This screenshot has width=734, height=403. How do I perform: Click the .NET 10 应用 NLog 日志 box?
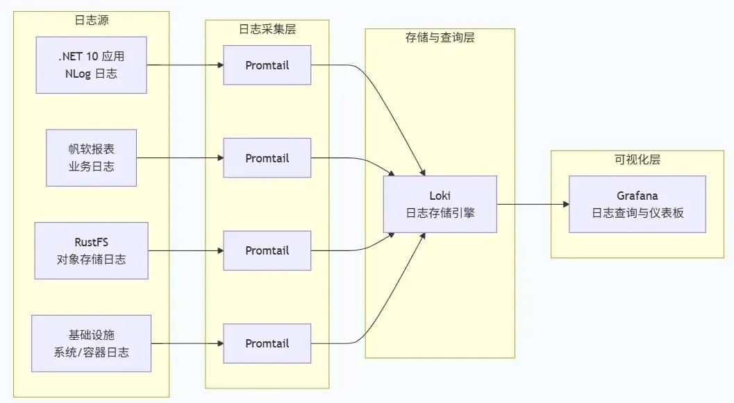91,65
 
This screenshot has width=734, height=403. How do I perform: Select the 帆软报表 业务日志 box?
91,158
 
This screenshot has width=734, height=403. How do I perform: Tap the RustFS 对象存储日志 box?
91,250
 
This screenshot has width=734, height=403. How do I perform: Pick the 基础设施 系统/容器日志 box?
91,343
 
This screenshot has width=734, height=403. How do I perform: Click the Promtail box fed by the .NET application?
267,65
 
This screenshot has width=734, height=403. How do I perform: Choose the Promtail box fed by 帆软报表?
267,158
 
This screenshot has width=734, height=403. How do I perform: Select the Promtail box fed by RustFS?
267,250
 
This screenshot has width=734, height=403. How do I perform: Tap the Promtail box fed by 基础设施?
267,343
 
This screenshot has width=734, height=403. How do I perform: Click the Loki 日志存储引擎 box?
440,205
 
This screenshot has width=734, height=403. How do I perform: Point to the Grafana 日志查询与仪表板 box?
637,205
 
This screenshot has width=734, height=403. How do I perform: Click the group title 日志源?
91,20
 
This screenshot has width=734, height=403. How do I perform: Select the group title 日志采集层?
267,29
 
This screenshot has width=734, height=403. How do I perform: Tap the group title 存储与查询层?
440,38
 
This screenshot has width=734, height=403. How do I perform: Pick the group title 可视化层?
637,160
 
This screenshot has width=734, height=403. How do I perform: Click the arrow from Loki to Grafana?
533,205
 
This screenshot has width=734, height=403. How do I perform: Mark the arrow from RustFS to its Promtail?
186,250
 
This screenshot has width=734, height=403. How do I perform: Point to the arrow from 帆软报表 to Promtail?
181,158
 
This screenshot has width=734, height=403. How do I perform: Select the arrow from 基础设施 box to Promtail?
187,343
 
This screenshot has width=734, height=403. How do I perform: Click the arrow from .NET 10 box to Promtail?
185,65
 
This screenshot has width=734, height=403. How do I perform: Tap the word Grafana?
637,196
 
